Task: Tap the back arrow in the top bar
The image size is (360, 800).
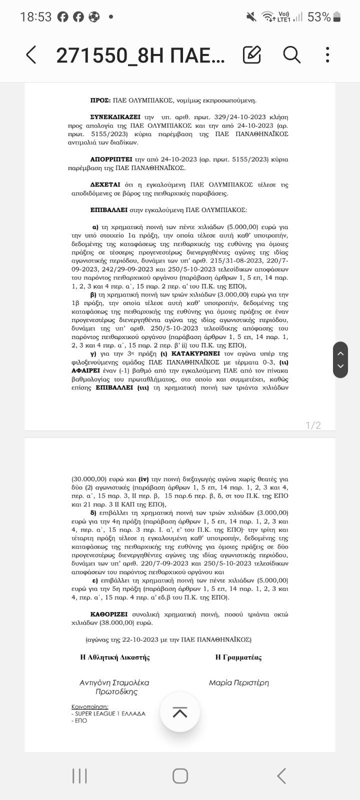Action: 31,55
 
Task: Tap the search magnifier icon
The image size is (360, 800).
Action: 291,54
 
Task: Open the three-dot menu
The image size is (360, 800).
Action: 327,54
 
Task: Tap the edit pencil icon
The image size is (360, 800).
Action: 252,54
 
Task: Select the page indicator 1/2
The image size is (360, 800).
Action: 313,425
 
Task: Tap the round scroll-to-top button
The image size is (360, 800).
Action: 180,712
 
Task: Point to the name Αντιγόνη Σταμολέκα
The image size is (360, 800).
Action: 114,682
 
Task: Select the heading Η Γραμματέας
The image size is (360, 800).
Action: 238,657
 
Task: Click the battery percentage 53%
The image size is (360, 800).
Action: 319,17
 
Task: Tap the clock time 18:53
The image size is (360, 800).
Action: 35,17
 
